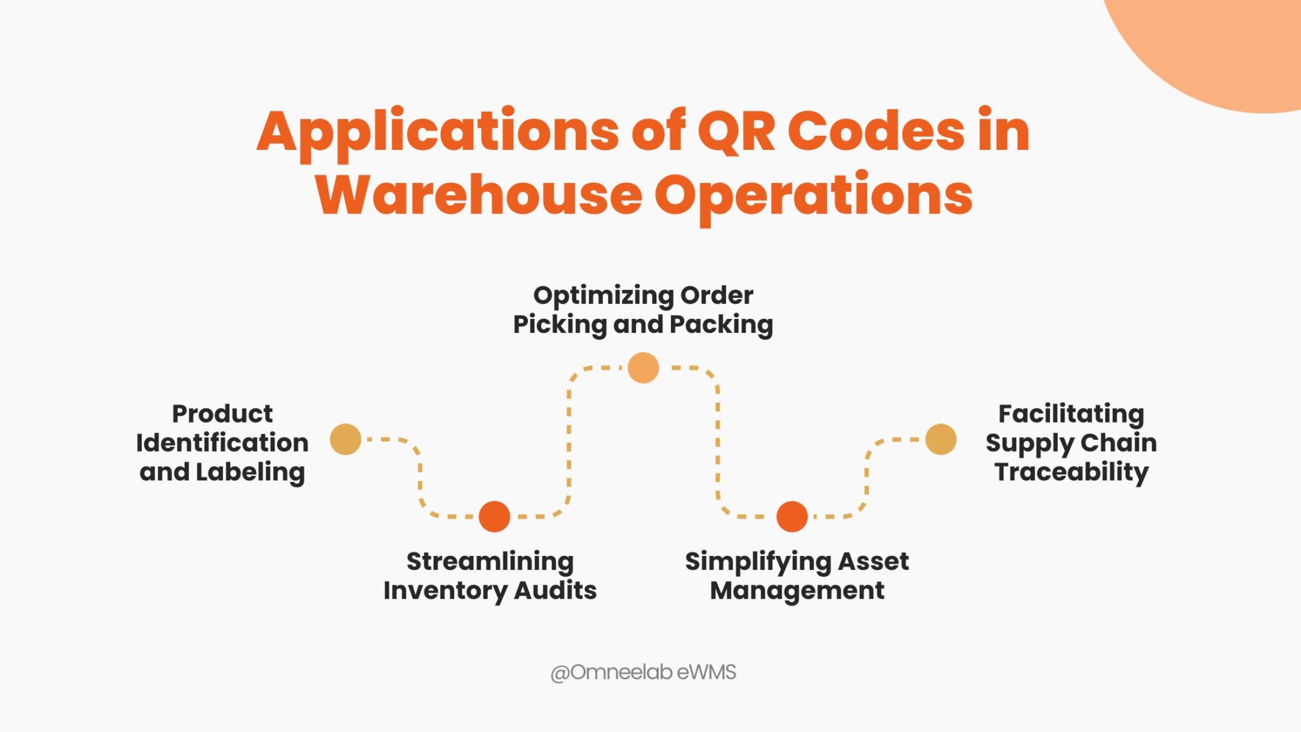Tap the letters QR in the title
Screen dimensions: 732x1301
point(736,132)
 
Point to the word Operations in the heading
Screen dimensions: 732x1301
point(814,196)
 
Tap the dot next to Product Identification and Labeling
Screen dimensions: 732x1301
point(346,439)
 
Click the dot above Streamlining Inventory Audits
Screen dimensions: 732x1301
point(494,516)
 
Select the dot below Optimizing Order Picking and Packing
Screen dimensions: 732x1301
point(643,368)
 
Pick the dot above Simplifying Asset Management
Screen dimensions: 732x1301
point(792,516)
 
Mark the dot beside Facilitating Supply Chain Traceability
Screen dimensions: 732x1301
point(941,439)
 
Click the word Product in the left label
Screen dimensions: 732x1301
point(222,414)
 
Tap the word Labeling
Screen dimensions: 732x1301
point(250,472)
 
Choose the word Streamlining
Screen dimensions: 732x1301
point(490,562)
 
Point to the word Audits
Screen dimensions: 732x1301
point(555,590)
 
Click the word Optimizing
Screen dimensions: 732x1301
point(603,295)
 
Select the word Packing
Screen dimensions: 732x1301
point(721,325)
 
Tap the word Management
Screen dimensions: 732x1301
point(797,590)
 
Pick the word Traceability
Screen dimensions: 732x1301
point(1072,472)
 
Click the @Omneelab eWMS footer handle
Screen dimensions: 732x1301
point(643,672)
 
